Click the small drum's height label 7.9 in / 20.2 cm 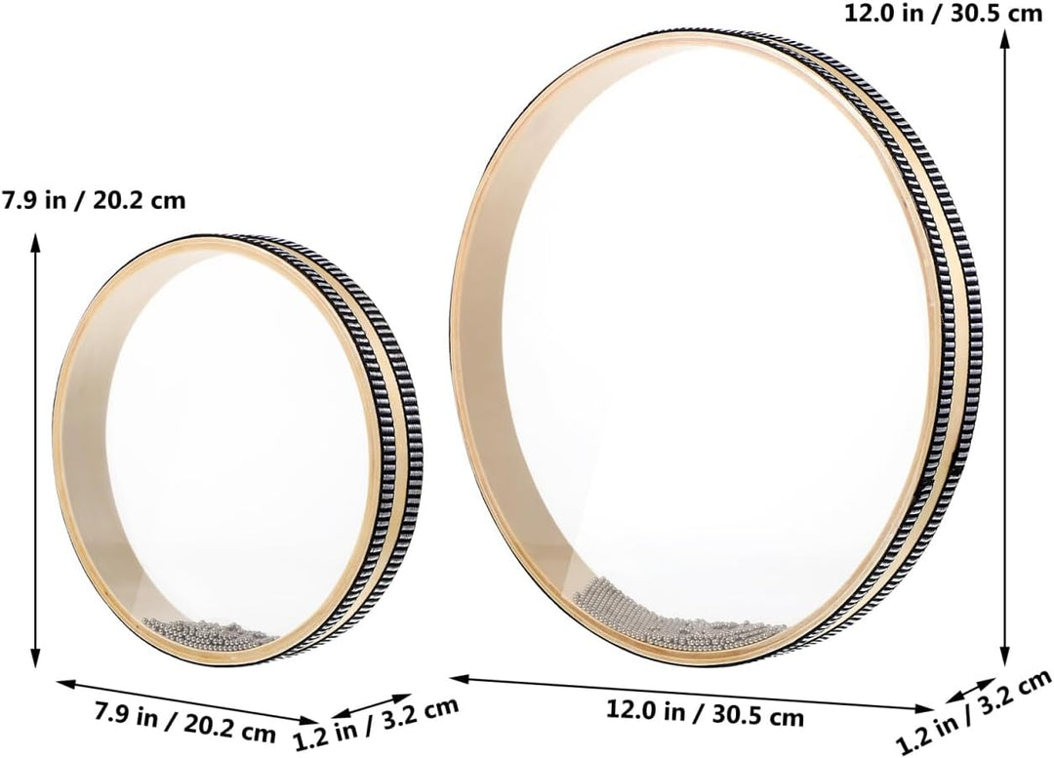(94, 200)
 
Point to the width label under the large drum (705, 712)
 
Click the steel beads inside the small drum (210, 631)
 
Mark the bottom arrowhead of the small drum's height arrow (35, 661)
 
